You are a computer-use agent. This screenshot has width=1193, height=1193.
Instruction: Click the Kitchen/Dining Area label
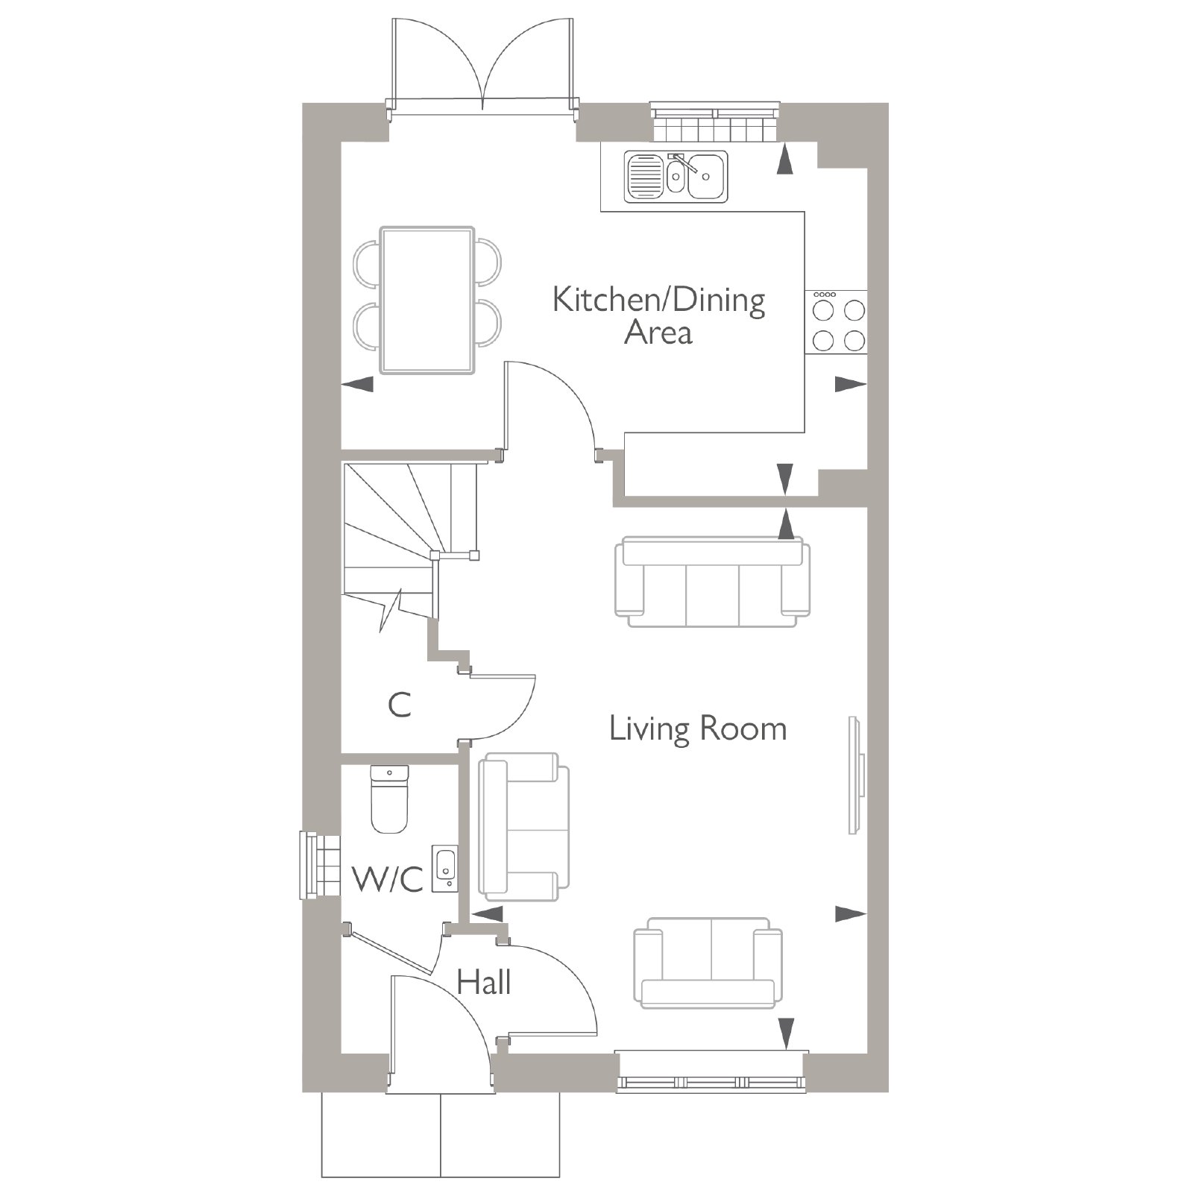[x=659, y=316]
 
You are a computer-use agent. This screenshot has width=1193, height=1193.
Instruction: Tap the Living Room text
[x=698, y=728]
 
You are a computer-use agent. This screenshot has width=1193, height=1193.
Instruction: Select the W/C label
[x=388, y=879]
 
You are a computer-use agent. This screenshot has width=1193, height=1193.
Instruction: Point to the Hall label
[x=484, y=982]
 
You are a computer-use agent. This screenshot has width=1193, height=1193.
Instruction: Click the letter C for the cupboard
[x=400, y=705]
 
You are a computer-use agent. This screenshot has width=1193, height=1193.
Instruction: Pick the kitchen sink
[x=676, y=176]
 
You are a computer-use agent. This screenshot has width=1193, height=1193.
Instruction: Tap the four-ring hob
[x=837, y=321]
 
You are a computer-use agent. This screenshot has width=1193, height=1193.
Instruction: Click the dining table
[x=427, y=300]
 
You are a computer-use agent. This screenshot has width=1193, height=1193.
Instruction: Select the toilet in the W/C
[x=389, y=799]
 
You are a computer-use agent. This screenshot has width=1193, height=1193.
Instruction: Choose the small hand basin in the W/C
[x=444, y=868]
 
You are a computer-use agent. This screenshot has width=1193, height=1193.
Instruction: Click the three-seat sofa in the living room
[x=712, y=582]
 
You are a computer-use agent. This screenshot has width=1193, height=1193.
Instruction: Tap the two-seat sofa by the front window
[x=708, y=963]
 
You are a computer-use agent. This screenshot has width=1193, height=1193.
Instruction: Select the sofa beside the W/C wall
[x=523, y=826]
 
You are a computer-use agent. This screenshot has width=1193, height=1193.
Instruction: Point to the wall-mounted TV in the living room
[x=857, y=775]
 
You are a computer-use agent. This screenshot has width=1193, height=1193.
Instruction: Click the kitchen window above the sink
[x=715, y=121]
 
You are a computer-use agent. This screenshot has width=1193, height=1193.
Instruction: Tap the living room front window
[x=711, y=1071]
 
